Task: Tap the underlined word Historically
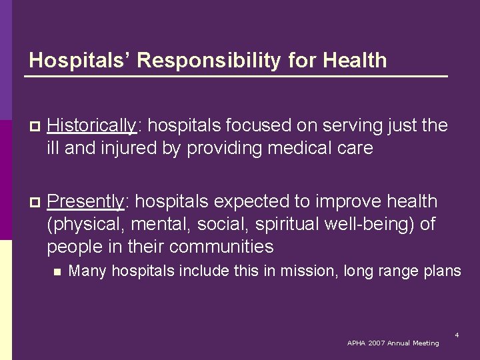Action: coord(91,125)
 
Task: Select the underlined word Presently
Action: coord(85,201)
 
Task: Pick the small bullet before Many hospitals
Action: coord(57,271)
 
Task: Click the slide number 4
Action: coord(457,335)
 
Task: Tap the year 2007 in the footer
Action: coord(381,343)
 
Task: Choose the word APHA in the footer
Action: coord(357,343)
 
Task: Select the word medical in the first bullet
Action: coord(296,148)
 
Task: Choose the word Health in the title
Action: coord(355,61)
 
